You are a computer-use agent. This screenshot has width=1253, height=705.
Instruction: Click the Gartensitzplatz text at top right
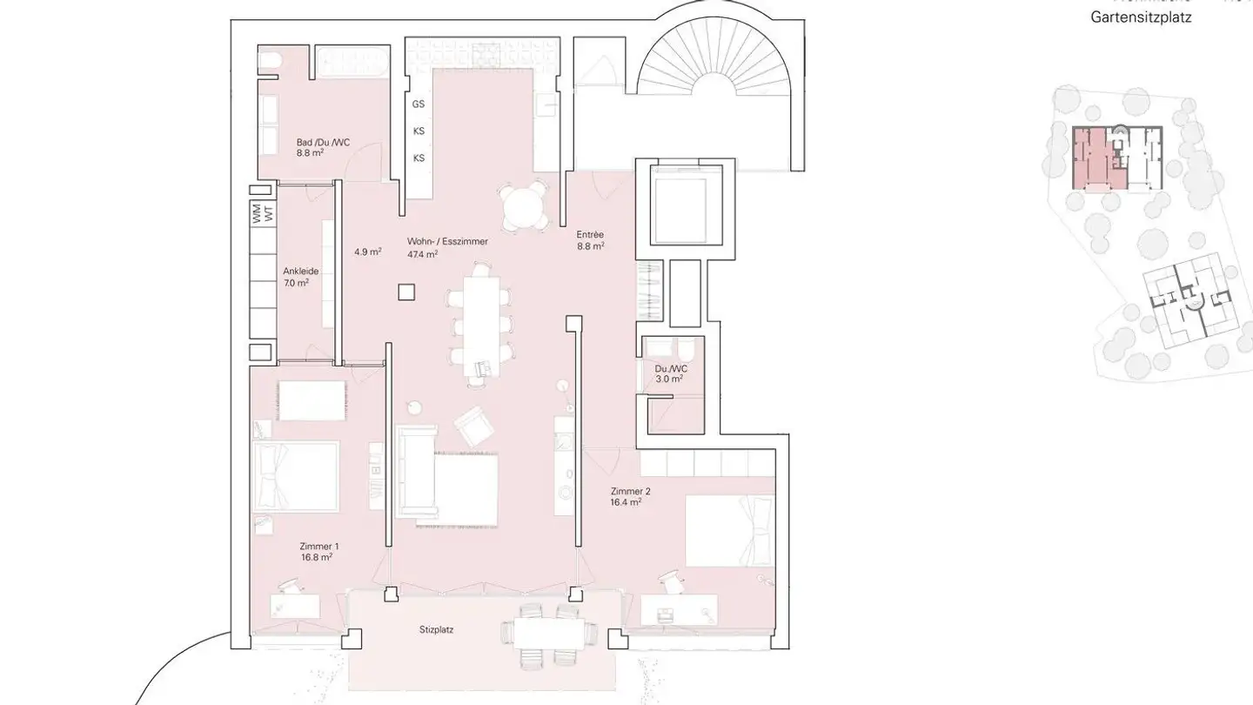1141,17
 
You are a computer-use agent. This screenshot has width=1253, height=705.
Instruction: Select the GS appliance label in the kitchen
419,104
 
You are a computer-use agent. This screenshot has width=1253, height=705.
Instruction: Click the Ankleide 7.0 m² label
300,277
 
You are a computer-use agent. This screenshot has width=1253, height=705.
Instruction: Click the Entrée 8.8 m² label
590,239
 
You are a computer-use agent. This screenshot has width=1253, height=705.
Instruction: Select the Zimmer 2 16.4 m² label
629,496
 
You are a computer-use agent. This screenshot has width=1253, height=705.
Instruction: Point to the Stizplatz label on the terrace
435,629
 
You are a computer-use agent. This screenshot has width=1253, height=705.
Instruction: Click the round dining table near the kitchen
526,208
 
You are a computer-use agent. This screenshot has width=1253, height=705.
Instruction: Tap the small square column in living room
406,292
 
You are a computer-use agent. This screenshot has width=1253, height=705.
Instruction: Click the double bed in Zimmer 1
295,476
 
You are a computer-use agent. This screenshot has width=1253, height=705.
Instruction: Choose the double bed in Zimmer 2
729,530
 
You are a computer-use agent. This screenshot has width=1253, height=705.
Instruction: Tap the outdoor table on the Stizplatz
549,634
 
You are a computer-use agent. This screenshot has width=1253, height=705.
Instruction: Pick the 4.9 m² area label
367,252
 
